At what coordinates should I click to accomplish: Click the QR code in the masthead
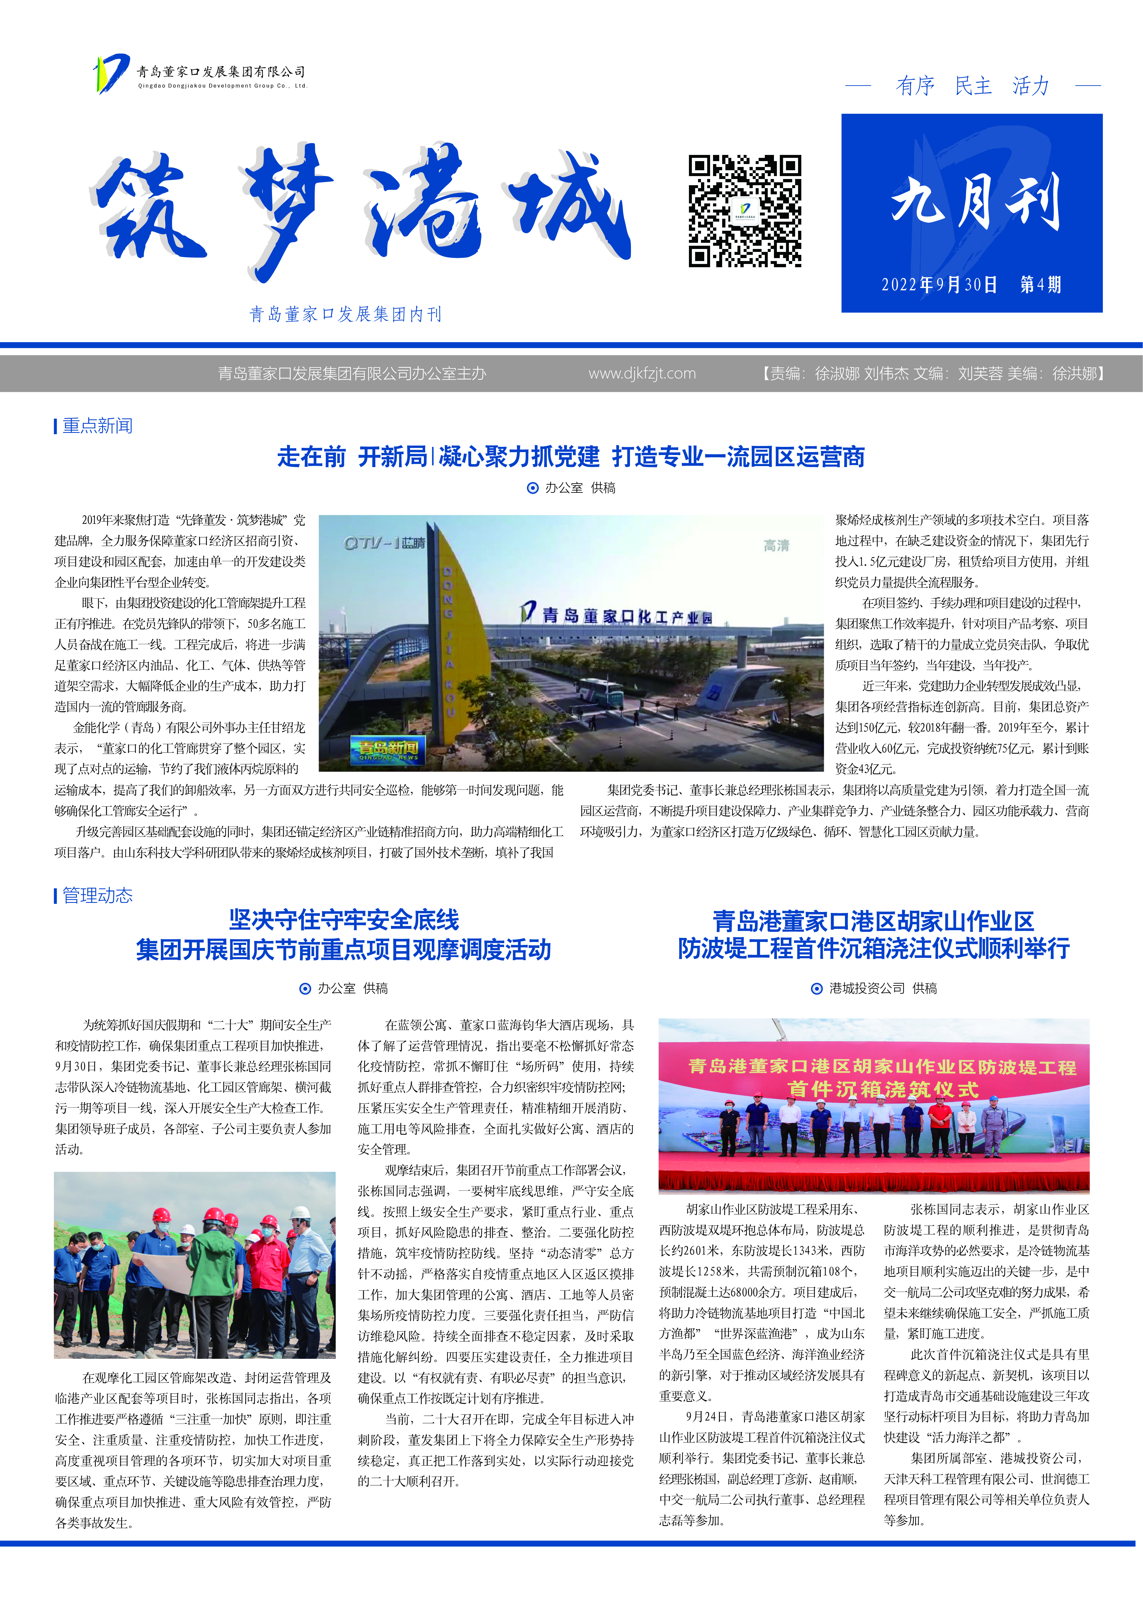coord(745,211)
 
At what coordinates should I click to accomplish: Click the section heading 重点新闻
coord(97,425)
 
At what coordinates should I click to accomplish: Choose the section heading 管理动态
coord(97,895)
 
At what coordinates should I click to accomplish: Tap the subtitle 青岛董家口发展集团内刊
coord(346,314)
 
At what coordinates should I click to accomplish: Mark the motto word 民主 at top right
coord(973,86)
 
